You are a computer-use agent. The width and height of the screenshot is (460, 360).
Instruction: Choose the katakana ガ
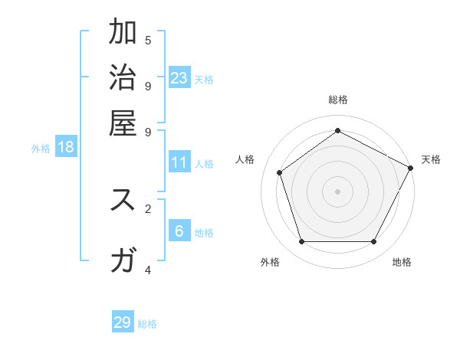[x=123, y=260]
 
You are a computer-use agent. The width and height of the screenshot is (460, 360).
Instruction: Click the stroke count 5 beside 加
[x=148, y=40]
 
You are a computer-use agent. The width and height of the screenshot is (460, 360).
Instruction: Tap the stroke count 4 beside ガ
[x=148, y=270]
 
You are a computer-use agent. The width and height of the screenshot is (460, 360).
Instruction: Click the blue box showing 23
[x=179, y=78]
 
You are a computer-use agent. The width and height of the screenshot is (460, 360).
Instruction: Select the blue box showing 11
[x=179, y=162]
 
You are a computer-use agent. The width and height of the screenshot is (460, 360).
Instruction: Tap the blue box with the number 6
[x=179, y=231]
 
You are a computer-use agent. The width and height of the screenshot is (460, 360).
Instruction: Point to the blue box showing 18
[x=66, y=147]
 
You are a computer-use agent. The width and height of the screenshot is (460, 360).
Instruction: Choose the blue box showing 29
[x=123, y=322]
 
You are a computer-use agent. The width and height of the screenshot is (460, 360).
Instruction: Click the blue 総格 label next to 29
[x=147, y=324]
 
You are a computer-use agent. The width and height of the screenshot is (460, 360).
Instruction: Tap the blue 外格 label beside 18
[x=41, y=149]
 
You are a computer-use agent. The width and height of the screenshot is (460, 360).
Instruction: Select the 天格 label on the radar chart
[x=431, y=159]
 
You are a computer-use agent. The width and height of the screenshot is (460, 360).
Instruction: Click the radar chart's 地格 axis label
[x=402, y=262]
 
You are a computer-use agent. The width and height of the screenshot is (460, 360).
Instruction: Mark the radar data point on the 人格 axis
[x=280, y=172]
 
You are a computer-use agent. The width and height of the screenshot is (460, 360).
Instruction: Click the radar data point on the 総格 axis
[x=337, y=130]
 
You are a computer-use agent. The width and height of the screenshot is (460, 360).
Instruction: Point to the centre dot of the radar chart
[x=337, y=191]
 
